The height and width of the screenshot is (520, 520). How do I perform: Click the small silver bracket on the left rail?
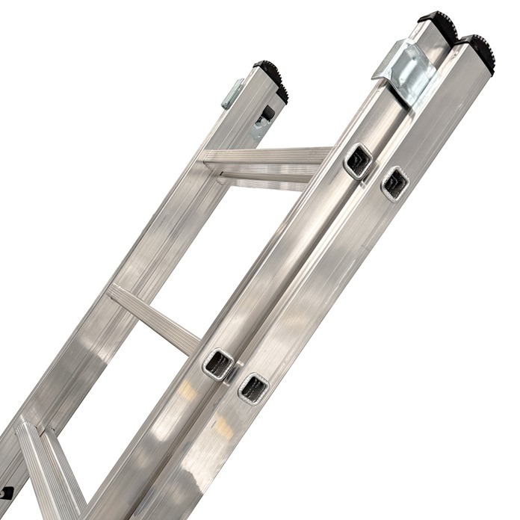click(x=232, y=94)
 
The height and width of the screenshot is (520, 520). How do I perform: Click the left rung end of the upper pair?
click(x=358, y=161)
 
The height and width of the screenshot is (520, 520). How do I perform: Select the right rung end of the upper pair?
click(x=394, y=183)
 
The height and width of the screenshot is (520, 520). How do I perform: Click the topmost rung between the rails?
click(x=265, y=156)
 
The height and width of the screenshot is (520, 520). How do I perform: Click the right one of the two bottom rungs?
click(x=64, y=471)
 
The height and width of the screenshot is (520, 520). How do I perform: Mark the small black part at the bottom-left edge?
click(x=6, y=494)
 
